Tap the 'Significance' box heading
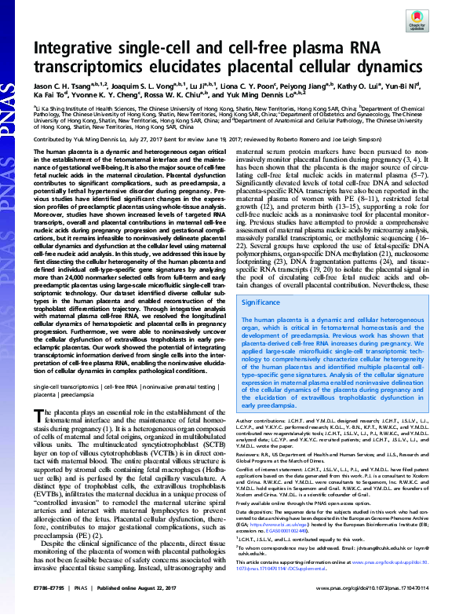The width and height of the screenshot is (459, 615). tap(261, 301)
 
